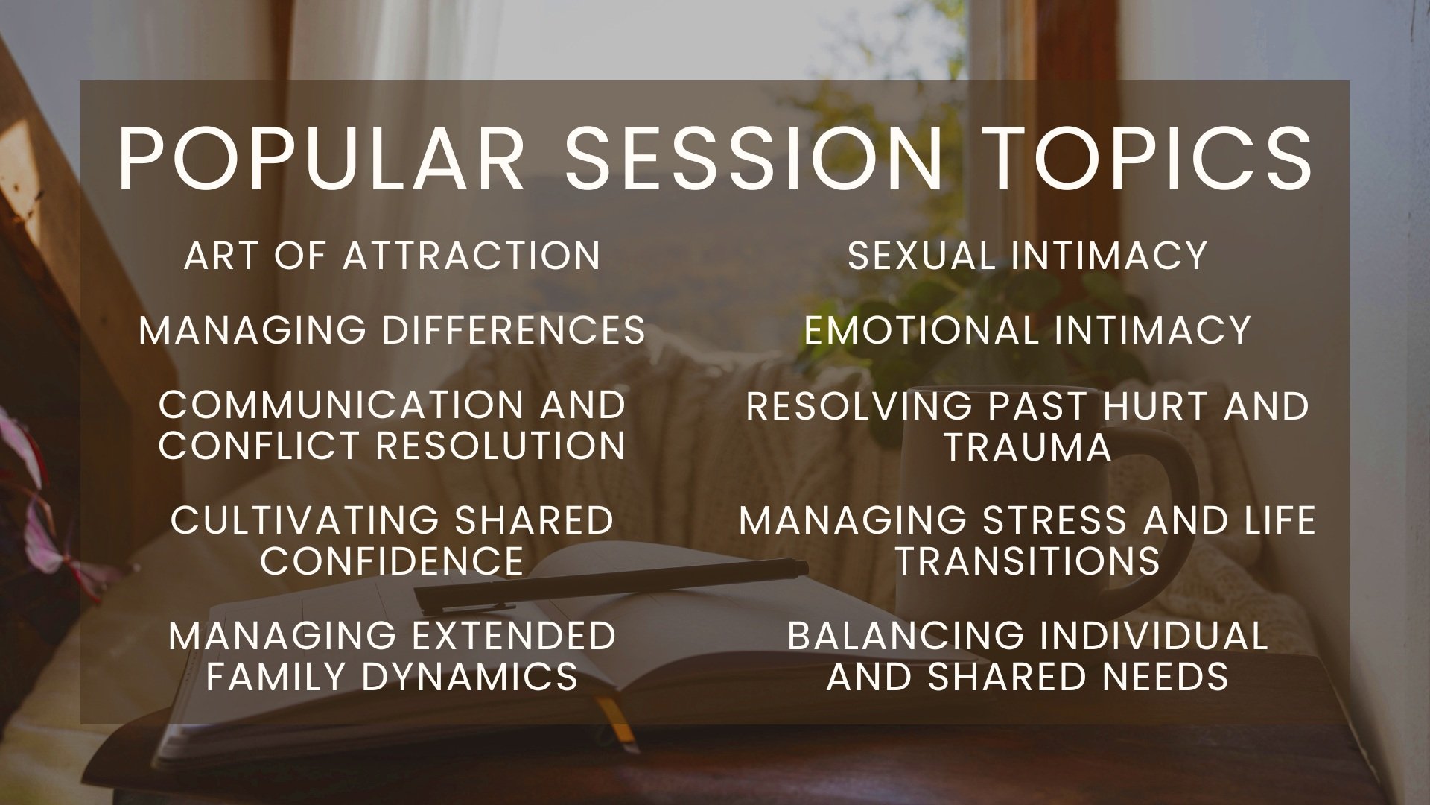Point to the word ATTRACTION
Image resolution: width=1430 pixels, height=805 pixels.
pyautogui.click(x=471, y=256)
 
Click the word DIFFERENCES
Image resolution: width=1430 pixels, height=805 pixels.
pyautogui.click(x=514, y=330)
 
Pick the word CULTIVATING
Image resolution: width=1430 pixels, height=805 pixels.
pyautogui.click(x=307, y=520)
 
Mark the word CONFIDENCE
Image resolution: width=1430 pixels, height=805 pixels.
pyautogui.click(x=392, y=561)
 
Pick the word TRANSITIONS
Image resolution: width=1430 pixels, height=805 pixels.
pyautogui.click(x=1028, y=561)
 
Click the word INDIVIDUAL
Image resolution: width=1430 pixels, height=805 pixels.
pyautogui.click(x=1154, y=636)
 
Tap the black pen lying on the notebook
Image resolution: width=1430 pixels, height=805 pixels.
pyautogui.click(x=611, y=585)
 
